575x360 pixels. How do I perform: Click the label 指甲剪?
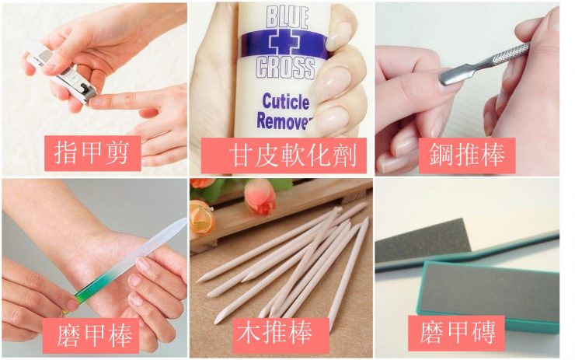tap(92, 153)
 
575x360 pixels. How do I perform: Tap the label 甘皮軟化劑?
tap(293, 156)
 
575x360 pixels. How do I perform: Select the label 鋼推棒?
tap(467, 155)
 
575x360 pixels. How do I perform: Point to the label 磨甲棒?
tap(94, 334)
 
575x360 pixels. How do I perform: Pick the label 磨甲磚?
tap(458, 332)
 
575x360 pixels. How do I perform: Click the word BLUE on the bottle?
tap(287, 17)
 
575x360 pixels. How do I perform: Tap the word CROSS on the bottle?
tap(285, 68)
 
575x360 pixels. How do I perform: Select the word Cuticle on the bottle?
tap(286, 102)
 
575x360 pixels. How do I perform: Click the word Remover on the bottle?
tap(283, 121)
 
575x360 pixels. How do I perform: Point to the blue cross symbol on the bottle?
tap(282, 43)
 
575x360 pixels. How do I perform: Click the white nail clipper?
tap(61, 71)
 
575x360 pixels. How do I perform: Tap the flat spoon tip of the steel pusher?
tap(451, 77)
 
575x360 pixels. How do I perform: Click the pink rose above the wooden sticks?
tap(260, 197)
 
